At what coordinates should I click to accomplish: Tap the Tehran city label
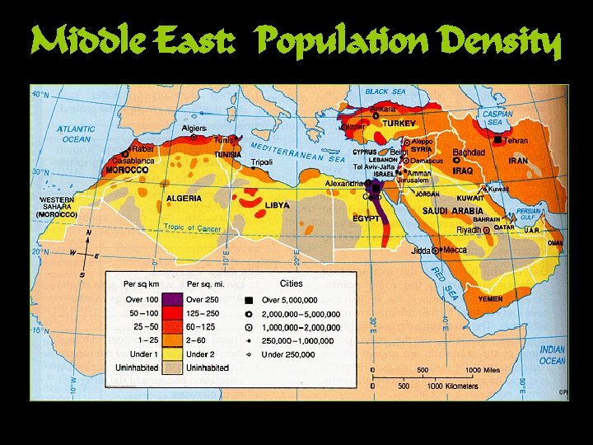(x=516, y=141)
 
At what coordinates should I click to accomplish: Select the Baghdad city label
(x=469, y=152)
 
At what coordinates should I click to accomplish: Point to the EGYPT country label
(x=366, y=218)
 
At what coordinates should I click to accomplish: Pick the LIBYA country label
(x=277, y=204)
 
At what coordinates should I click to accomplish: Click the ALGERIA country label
(x=184, y=199)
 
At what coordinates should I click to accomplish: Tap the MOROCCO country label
(x=127, y=170)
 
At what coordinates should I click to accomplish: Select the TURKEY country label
(x=399, y=124)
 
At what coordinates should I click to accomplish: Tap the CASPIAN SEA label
(x=497, y=118)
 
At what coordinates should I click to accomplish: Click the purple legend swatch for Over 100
(x=172, y=299)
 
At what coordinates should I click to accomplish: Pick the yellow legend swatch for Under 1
(x=172, y=354)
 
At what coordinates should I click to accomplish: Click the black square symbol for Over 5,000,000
(x=248, y=300)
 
